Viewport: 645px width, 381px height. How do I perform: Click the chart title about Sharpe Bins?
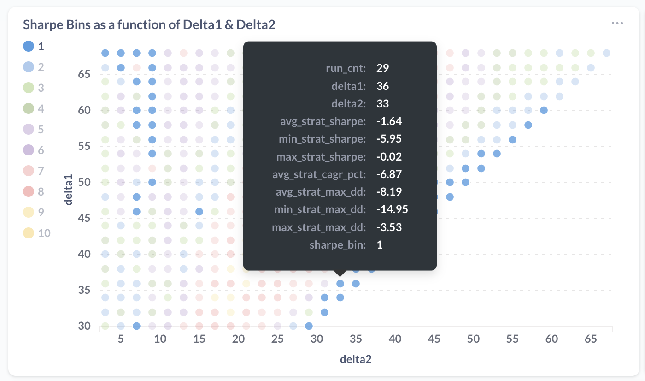(x=149, y=24)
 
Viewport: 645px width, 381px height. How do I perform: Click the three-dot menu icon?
(x=617, y=23)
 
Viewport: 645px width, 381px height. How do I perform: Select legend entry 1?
(x=29, y=46)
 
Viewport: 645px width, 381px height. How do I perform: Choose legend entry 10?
(x=29, y=233)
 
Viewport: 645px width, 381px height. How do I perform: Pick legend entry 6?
(x=29, y=150)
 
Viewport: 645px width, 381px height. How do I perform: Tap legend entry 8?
(x=29, y=191)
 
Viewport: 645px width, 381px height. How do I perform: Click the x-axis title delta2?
(x=356, y=359)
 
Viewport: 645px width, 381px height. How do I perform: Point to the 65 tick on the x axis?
(x=591, y=339)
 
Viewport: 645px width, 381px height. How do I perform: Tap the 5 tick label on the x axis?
(x=121, y=339)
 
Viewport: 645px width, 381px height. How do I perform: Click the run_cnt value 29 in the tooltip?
(x=382, y=68)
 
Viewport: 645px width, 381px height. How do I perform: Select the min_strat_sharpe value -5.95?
(x=389, y=139)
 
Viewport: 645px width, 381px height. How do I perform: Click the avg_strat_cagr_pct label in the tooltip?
(x=319, y=174)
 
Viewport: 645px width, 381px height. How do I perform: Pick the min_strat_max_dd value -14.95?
(x=392, y=209)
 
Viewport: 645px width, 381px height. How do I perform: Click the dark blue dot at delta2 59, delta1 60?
(x=544, y=110)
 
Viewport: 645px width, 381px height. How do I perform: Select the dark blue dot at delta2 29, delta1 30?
(x=309, y=326)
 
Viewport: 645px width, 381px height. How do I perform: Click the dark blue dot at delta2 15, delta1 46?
(x=199, y=212)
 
